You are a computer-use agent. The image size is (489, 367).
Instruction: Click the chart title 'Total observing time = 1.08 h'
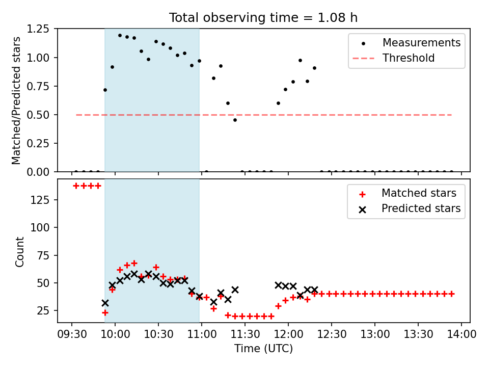263,18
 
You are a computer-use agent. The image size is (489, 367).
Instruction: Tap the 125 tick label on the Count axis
40,200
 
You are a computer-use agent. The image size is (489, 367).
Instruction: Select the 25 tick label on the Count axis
43,310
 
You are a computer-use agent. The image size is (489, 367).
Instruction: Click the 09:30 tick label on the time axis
72,334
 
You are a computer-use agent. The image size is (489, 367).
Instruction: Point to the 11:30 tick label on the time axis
245,334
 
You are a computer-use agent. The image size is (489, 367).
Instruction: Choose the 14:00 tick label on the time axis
461,334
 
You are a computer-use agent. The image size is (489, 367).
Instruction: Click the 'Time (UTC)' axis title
263,348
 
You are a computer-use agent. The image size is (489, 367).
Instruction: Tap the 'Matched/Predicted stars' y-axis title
16,100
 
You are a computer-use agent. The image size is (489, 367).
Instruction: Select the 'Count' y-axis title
19,251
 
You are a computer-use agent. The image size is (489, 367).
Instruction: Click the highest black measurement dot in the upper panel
120,35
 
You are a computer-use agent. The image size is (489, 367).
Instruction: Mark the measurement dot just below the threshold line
235,120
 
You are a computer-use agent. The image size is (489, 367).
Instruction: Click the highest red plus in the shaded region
134,264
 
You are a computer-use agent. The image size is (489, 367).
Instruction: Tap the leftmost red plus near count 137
76,186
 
